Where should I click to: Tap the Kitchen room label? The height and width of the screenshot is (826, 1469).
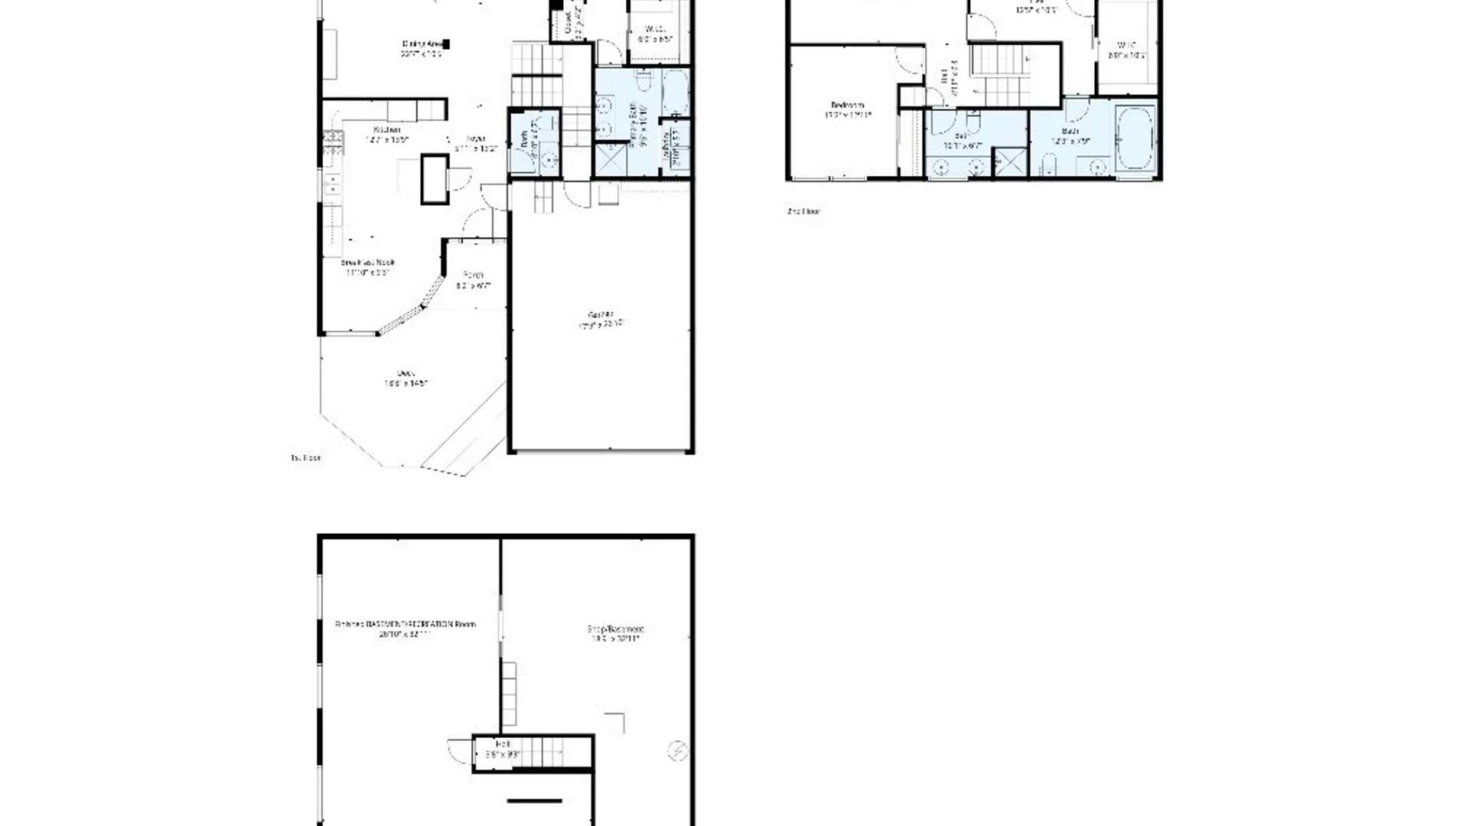tap(387, 130)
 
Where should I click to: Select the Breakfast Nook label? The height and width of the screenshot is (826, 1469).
tap(368, 262)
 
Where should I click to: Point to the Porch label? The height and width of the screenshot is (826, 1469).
tap(474, 275)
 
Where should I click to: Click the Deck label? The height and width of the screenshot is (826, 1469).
tap(406, 373)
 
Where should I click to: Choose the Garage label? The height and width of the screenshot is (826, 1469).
tap(602, 314)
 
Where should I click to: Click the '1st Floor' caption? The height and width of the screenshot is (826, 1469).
tap(306, 457)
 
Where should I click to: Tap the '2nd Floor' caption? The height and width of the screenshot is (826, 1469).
tap(803, 211)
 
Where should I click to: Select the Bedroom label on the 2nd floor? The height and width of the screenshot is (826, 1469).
tap(848, 106)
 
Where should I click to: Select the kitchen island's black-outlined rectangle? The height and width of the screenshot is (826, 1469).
tap(435, 180)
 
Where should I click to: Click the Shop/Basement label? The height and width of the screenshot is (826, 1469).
tap(615, 629)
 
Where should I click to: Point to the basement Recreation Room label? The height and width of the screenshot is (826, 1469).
tap(406, 624)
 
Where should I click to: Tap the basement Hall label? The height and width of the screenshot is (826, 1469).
tap(502, 744)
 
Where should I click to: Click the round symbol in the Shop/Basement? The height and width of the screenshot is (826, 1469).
tap(677, 750)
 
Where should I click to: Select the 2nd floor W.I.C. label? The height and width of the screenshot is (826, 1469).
tap(1126, 45)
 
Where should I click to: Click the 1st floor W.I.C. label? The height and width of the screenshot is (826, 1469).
tap(655, 29)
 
